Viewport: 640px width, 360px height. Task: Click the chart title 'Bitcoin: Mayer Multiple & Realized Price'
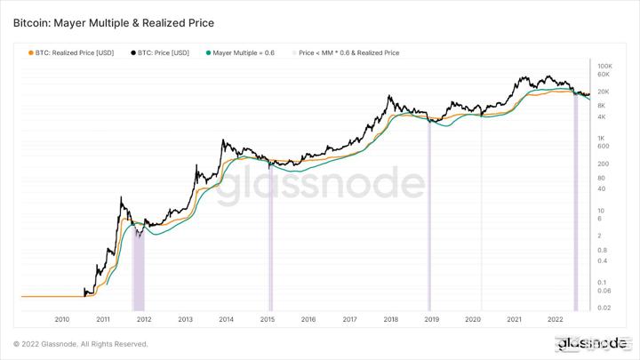coord(113,20)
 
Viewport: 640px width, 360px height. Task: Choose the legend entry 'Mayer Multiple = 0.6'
coord(242,52)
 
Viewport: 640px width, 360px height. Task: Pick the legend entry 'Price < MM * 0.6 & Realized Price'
coord(348,52)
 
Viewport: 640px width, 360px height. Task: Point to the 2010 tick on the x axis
coord(62,318)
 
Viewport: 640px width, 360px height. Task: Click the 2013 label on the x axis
coord(185,318)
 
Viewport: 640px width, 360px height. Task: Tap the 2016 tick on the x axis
coord(308,318)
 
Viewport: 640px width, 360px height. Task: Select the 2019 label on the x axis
coord(432,318)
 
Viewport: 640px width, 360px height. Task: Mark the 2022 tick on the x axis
coord(555,318)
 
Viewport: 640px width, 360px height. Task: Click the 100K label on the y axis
coord(604,67)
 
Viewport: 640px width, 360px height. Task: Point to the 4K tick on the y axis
coord(602,117)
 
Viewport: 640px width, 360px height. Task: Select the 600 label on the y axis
coord(603,147)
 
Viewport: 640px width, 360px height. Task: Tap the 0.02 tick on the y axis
coord(604,308)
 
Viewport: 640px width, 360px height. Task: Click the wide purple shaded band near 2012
coord(138,267)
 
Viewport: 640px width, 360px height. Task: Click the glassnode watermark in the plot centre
coord(322,186)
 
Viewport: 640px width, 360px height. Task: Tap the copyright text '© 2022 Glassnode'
coord(80,344)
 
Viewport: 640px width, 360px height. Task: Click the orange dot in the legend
coord(32,52)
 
